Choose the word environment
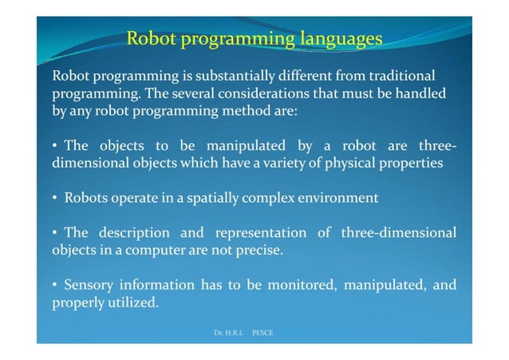tap(337, 197)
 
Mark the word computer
tap(160, 250)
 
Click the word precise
tap(261, 250)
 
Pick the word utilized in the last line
tap(132, 303)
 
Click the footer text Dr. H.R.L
tap(228, 331)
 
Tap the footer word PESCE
tap(262, 331)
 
